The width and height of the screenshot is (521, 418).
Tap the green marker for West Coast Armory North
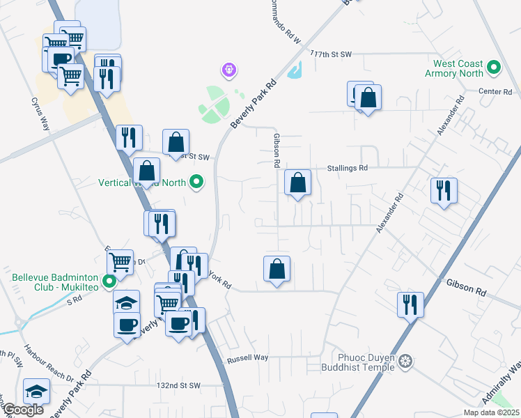click(494, 68)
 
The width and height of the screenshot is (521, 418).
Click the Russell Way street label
click(247, 358)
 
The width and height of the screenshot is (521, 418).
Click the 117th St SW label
click(332, 54)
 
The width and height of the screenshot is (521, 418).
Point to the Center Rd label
click(495, 92)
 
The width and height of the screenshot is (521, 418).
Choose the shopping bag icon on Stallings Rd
click(297, 184)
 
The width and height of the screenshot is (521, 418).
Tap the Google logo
click(23, 410)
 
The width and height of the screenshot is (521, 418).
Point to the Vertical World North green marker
click(197, 183)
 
